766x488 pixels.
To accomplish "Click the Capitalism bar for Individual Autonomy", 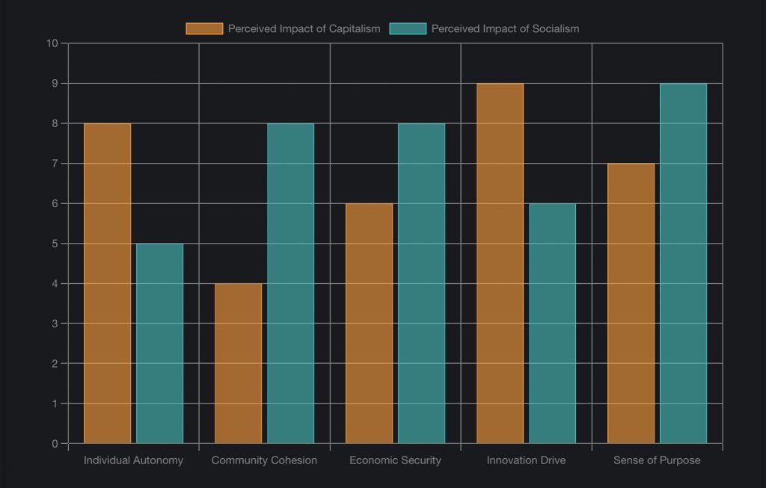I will pyautogui.click(x=107, y=283).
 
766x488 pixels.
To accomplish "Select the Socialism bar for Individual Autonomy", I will pyautogui.click(x=159, y=343).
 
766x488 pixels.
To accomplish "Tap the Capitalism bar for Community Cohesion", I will pyautogui.click(x=238, y=363).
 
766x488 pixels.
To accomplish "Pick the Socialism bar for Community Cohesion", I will pyautogui.click(x=290, y=283).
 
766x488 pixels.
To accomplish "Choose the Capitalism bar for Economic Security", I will pyautogui.click(x=369, y=323).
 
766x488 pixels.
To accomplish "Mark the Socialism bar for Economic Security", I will pyautogui.click(x=421, y=283).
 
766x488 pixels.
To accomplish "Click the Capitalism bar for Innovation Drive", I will pyautogui.click(x=500, y=263).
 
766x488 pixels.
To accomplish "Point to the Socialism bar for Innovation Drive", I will pyautogui.click(x=552, y=323).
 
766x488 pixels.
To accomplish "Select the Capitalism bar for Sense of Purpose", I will pyautogui.click(x=631, y=303).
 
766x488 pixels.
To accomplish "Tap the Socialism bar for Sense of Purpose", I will pyautogui.click(x=683, y=263).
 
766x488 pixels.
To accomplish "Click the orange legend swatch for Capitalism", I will pyautogui.click(x=204, y=28).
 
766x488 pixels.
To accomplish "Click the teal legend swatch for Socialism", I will pyautogui.click(x=408, y=28).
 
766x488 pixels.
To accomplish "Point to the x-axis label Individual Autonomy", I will pyautogui.click(x=133, y=460).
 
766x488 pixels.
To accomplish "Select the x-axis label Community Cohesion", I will pyautogui.click(x=264, y=460).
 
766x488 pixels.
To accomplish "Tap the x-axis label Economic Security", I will pyautogui.click(x=395, y=460).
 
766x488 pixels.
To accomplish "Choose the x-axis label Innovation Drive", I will pyautogui.click(x=526, y=460).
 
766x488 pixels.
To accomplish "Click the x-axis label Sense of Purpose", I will pyautogui.click(x=657, y=460).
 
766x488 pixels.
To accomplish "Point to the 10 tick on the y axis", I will pyautogui.click(x=52, y=43).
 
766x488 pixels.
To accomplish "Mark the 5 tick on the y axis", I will pyautogui.click(x=55, y=244).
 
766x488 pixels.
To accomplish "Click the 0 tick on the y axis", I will pyautogui.click(x=55, y=444).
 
